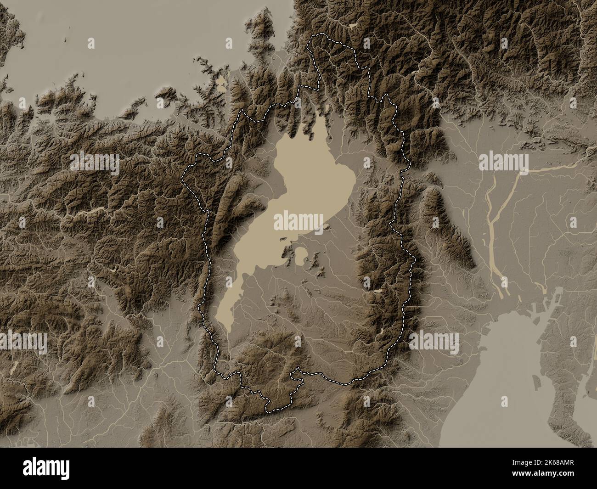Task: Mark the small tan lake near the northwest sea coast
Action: (222, 83)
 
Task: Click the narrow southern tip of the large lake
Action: (227, 327)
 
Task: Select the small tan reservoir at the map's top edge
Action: (353, 27)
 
